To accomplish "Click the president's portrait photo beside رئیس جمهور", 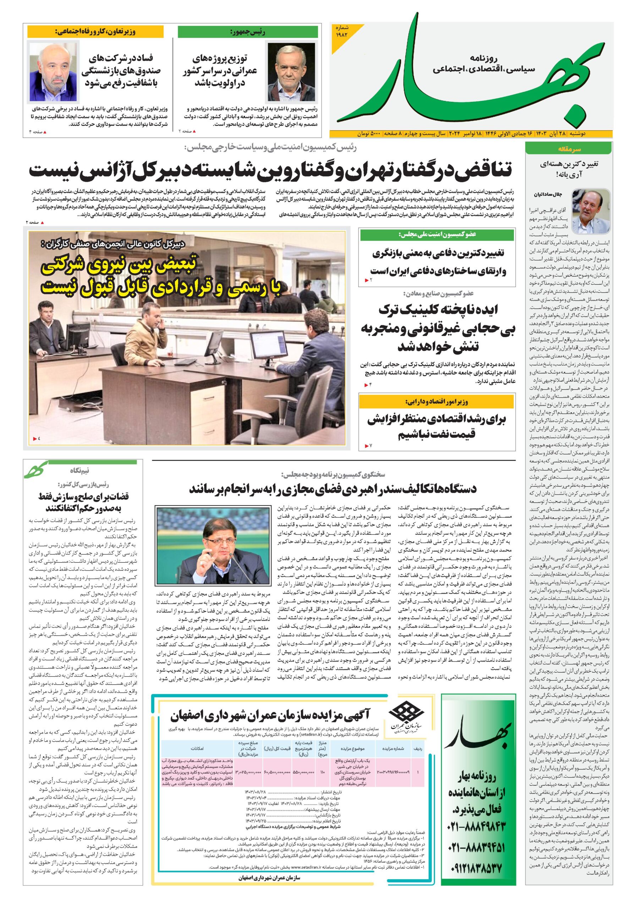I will [x=292, y=72].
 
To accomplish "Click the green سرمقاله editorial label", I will [x=569, y=149].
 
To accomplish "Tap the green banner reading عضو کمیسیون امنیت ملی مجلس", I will [x=437, y=235].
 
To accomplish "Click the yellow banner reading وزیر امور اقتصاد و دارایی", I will [x=437, y=402].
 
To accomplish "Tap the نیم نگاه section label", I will [x=79, y=471].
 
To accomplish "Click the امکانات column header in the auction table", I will [x=197, y=749].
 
